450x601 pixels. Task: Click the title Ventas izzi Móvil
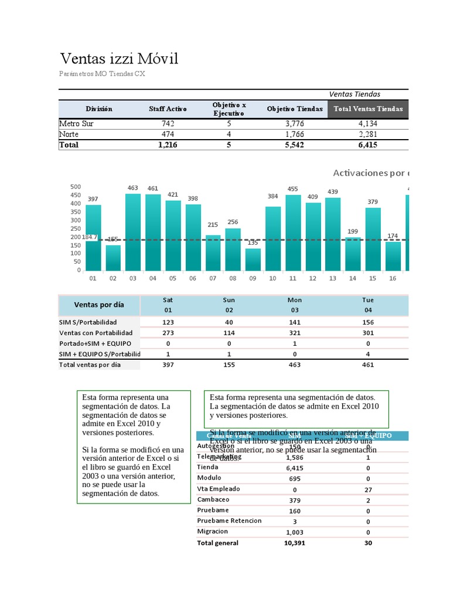pos(119,59)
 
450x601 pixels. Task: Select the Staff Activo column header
pos(168,109)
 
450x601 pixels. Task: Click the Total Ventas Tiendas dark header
pos(368,109)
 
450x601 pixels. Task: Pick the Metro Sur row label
pos(76,124)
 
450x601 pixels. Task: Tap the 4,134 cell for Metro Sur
pos(368,124)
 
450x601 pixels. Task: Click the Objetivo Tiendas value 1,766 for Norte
pos(294,134)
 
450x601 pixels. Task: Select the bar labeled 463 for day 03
pos(133,232)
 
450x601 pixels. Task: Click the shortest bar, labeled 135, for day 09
pos(253,259)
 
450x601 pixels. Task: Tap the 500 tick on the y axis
pos(76,187)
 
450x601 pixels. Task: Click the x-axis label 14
pos(353,278)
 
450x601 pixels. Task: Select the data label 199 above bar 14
pos(353,231)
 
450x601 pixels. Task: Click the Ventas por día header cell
pos(99,305)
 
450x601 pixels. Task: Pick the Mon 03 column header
pos(295,305)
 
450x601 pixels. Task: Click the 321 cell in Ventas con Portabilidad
pos(295,333)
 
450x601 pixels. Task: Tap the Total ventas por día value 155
pos(229,364)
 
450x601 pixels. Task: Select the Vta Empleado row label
pos(219,489)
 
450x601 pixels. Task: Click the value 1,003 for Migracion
pos(294,532)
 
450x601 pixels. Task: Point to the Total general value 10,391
pos(294,543)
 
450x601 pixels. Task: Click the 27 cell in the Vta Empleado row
pos(368,489)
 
